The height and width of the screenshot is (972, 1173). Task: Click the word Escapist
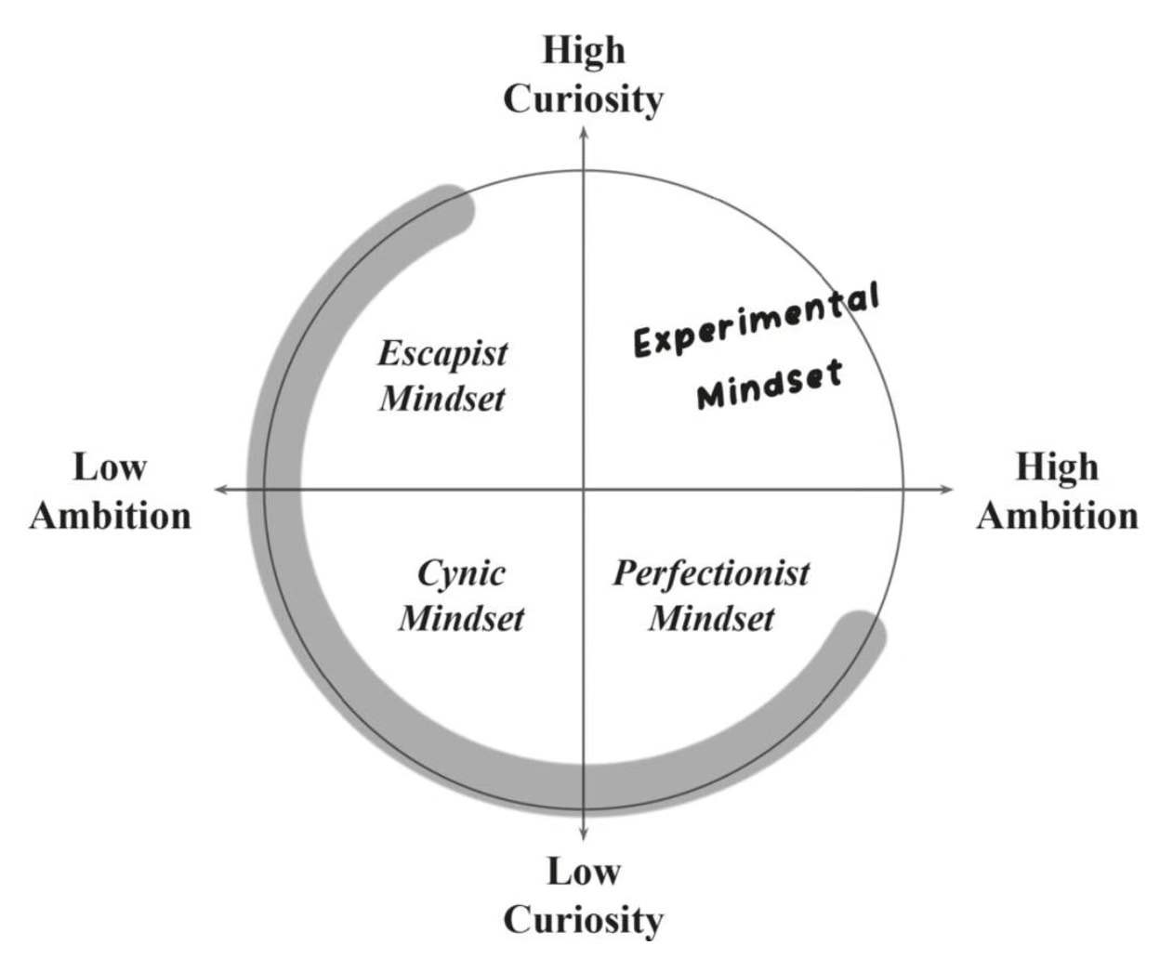[x=442, y=354]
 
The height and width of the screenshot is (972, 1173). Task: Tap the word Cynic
[x=461, y=573]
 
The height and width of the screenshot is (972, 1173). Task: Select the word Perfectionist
[x=711, y=573]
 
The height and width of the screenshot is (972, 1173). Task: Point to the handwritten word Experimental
[x=756, y=321]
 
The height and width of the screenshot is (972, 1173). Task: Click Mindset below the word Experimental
[x=770, y=383]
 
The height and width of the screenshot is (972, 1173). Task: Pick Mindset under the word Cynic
[x=461, y=618]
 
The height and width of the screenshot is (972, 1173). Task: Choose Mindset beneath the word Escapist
[x=442, y=399]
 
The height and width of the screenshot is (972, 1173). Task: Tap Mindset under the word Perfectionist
[x=711, y=618]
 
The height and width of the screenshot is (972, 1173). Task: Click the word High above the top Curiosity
[x=584, y=50]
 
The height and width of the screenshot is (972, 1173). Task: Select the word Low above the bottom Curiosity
[x=584, y=872]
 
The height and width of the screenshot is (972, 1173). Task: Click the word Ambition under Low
[x=110, y=516]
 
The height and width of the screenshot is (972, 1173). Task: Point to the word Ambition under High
[x=1057, y=516]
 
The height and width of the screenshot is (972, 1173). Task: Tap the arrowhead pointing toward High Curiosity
[x=584, y=131]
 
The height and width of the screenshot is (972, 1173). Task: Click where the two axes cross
[x=584, y=489]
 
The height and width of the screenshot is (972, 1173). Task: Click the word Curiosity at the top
[x=584, y=99]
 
